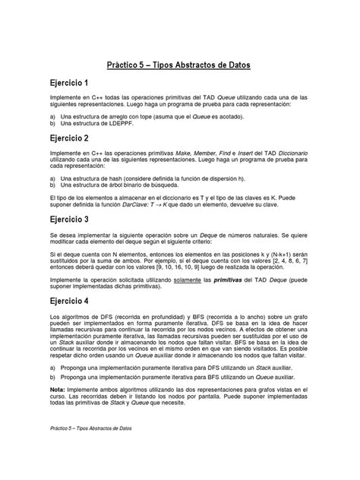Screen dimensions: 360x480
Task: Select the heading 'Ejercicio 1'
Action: coord(71,82)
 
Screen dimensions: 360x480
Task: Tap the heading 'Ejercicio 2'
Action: coord(71,138)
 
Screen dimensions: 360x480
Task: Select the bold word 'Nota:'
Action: coord(58,409)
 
